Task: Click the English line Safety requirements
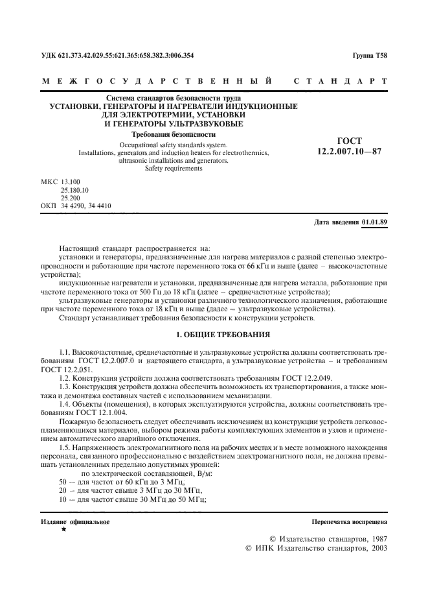click(x=173, y=169)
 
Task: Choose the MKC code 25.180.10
click(x=75, y=191)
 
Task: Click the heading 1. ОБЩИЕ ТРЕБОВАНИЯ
click(x=214, y=334)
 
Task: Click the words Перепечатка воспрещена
click(x=350, y=521)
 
